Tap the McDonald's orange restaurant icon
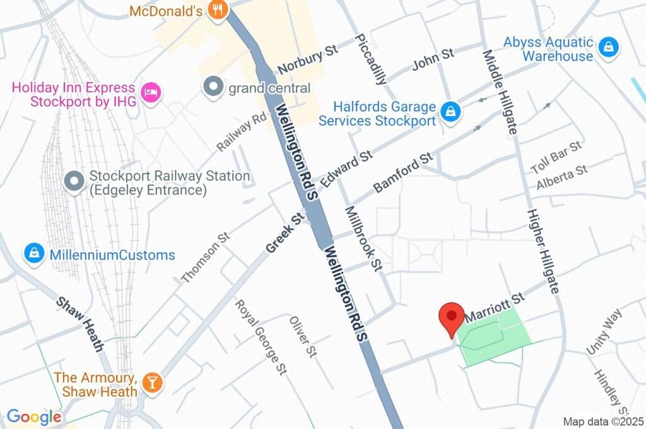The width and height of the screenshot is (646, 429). coord(218,11)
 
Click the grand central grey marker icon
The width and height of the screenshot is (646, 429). coord(213,87)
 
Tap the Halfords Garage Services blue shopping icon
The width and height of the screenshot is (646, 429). coord(450,112)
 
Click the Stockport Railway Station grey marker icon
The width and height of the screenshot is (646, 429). coord(74,182)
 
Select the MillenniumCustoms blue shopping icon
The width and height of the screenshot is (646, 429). coord(33,254)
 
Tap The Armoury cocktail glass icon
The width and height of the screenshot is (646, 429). coord(152,382)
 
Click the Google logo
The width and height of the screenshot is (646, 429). coord(34,417)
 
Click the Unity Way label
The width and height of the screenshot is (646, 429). coord(604,331)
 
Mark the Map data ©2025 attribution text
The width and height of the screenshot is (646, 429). coord(603,421)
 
